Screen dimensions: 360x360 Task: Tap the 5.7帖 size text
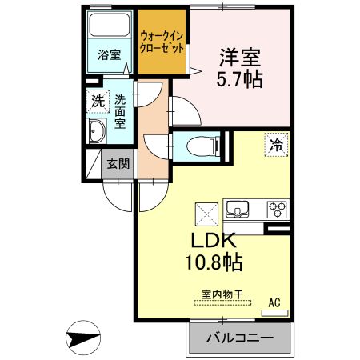[238, 80]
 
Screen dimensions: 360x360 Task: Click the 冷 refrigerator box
[276, 146]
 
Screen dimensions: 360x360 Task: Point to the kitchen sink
[238, 210]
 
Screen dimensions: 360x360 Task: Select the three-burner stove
[277, 210]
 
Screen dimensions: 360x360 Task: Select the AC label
[274, 302]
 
